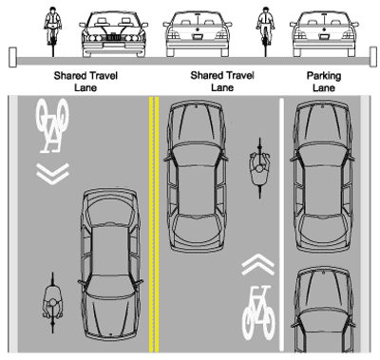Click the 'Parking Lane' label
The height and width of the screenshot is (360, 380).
324,82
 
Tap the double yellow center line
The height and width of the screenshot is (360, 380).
154,224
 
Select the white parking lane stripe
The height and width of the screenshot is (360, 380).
281,224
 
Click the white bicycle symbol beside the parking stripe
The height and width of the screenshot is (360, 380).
258,313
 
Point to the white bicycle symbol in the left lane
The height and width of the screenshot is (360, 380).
52,125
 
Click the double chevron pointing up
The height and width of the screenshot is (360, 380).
258,264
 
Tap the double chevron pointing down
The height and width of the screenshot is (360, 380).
52,174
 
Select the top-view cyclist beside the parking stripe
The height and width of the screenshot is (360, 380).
259,168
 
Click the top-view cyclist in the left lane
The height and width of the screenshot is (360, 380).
52,303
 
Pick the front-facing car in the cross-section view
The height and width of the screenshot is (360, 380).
113,34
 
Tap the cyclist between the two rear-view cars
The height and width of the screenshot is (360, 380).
265,32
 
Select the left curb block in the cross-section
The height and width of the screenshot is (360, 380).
12,57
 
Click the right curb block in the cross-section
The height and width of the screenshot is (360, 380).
373,57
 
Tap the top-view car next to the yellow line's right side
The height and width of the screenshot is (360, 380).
197,176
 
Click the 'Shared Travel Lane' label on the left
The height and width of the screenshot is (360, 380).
85,82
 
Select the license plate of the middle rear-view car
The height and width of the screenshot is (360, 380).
198,37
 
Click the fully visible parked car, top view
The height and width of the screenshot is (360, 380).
323,177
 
